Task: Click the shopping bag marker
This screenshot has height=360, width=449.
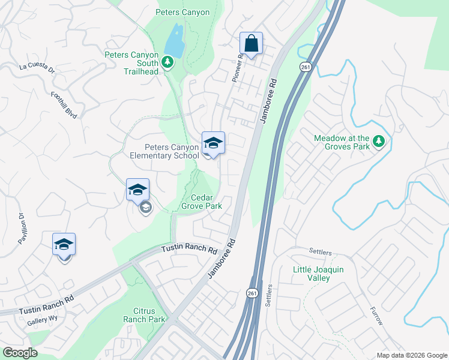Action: pyautogui.click(x=252, y=44)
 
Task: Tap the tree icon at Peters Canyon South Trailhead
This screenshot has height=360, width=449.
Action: pyautogui.click(x=167, y=61)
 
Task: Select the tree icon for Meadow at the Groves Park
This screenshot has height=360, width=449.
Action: pyautogui.click(x=378, y=142)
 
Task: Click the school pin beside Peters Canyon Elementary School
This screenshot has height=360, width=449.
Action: pyautogui.click(x=213, y=143)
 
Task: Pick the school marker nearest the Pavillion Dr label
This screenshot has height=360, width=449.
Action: pyautogui.click(x=64, y=245)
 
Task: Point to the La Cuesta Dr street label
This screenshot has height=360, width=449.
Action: pyautogui.click(x=37, y=68)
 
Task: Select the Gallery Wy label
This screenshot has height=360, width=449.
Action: pyautogui.click(x=42, y=319)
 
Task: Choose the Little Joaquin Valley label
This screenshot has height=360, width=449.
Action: pyautogui.click(x=318, y=274)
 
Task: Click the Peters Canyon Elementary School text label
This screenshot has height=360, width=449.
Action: pyautogui.click(x=164, y=151)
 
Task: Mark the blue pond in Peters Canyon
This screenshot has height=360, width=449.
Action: pyautogui.click(x=175, y=40)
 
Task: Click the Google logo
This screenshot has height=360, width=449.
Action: pyautogui.click(x=20, y=353)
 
